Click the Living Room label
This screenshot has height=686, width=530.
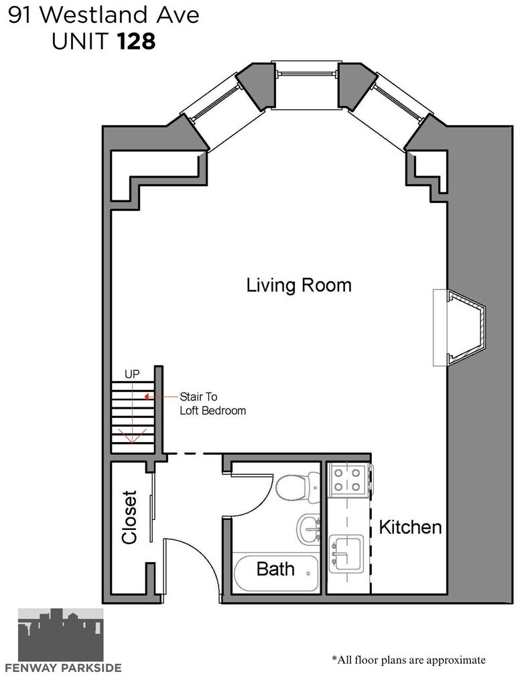pos(299,285)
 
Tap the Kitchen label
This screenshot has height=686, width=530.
pos(410,527)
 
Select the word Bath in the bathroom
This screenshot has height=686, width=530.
pos(275,569)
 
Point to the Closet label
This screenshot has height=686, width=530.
pos(130,518)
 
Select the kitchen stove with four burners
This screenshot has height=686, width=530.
pos(347,480)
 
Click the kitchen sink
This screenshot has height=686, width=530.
pos(346,553)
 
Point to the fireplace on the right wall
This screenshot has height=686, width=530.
pos(460,327)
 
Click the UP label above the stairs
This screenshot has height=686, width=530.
pos(132,374)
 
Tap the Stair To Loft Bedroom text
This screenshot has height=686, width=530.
pos(212,404)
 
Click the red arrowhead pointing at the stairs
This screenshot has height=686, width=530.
pos(147,397)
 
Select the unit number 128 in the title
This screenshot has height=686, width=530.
pos(136,42)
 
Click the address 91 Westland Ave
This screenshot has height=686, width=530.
pos(104,15)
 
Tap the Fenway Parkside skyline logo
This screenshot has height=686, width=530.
pos(61,634)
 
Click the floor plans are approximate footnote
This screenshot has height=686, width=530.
pos(409,660)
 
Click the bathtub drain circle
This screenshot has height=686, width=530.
pos(308,573)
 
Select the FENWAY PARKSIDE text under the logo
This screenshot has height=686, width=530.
pos(64,668)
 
